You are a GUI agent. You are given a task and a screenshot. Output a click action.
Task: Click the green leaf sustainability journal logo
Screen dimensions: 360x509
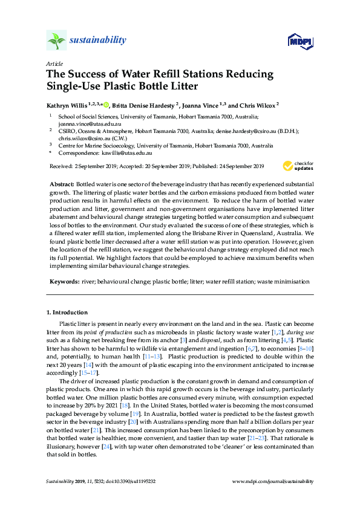coord(56,41)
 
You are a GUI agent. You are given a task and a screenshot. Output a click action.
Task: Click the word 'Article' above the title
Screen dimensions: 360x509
coord(53,63)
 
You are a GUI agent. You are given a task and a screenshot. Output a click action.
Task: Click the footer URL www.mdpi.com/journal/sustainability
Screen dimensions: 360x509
coord(273,482)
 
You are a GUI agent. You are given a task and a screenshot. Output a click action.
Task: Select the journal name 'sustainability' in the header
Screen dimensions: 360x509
coord(99,41)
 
